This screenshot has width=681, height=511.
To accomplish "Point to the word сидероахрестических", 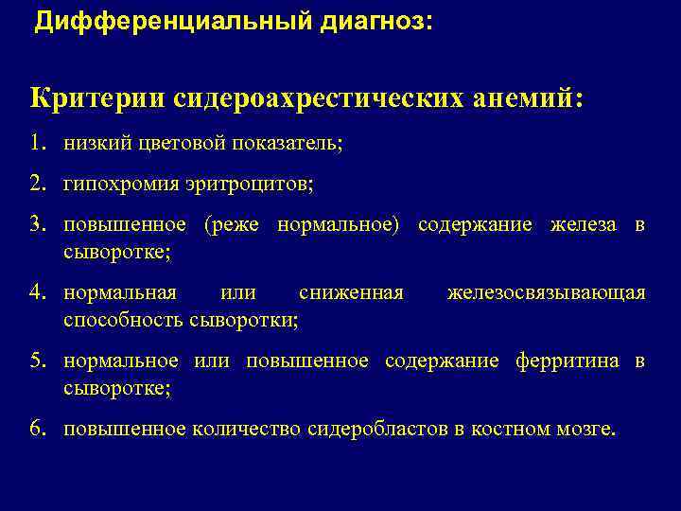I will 302,98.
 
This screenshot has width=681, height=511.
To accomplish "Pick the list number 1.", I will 37,144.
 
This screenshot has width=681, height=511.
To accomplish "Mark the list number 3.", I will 37,224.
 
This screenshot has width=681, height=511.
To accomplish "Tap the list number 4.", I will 37,293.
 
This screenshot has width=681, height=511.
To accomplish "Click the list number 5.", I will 37,361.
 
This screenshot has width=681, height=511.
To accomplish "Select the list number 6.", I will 37,430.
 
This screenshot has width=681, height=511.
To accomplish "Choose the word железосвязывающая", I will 546,293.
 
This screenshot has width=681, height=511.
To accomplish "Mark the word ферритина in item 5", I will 567,361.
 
